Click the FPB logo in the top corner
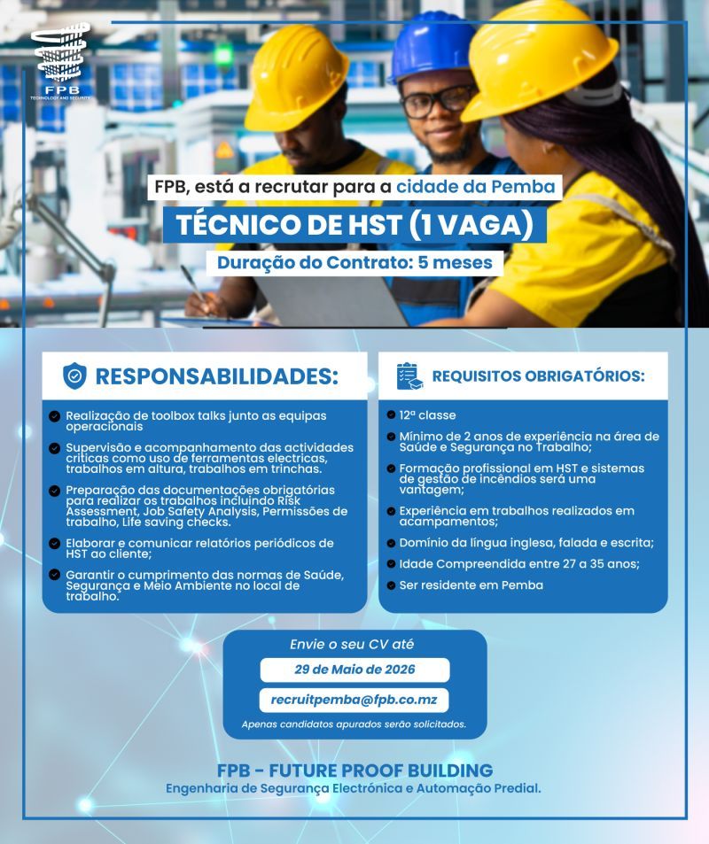pyautogui.click(x=60, y=62)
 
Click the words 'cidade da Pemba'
pyautogui.click(x=476, y=187)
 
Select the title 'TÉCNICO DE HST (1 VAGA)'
pyautogui.click(x=354, y=225)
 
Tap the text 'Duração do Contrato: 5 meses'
pyautogui.click(x=354, y=263)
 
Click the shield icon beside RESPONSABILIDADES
pyautogui.click(x=74, y=376)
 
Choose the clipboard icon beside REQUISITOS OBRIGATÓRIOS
pyautogui.click(x=409, y=376)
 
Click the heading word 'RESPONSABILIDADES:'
pyautogui.click(x=216, y=376)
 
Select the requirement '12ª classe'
pyautogui.click(x=427, y=415)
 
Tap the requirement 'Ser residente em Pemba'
pyautogui.click(x=471, y=585)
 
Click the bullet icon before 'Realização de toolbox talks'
pyautogui.click(x=54, y=416)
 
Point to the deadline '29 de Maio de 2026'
pyautogui.click(x=354, y=670)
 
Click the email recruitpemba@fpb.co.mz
pyautogui.click(x=354, y=701)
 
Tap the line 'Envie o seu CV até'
pyautogui.click(x=352, y=645)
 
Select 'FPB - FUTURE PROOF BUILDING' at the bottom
pyautogui.click(x=354, y=770)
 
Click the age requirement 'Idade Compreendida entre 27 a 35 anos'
pyautogui.click(x=518, y=564)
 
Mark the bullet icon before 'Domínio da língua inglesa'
pyautogui.click(x=391, y=543)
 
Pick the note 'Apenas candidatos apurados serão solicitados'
pyautogui.click(x=354, y=724)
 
